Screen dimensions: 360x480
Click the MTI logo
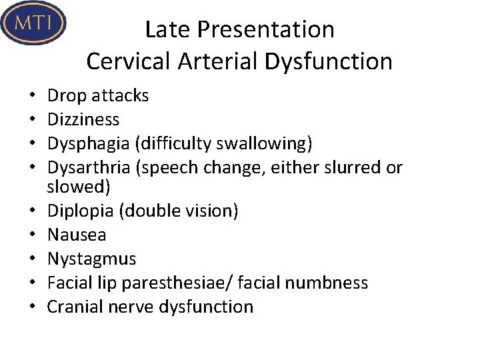pyautogui.click(x=33, y=23)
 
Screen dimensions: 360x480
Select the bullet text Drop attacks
pyautogui.click(x=98, y=96)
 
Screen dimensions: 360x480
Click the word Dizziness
pyautogui.click(x=83, y=120)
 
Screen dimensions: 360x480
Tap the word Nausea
pyautogui.click(x=77, y=235)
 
